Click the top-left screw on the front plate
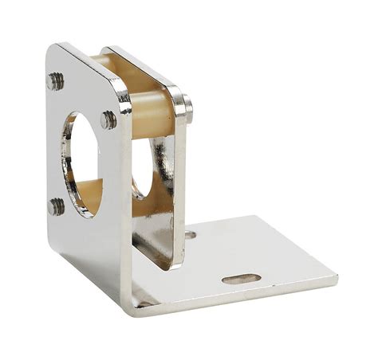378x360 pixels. [55, 80]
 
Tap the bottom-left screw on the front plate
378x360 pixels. [57, 206]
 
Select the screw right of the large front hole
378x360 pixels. [108, 120]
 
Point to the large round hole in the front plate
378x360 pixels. [81, 164]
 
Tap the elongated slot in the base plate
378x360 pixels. [241, 279]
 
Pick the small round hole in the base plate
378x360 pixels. [190, 235]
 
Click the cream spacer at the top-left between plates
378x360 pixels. [99, 60]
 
